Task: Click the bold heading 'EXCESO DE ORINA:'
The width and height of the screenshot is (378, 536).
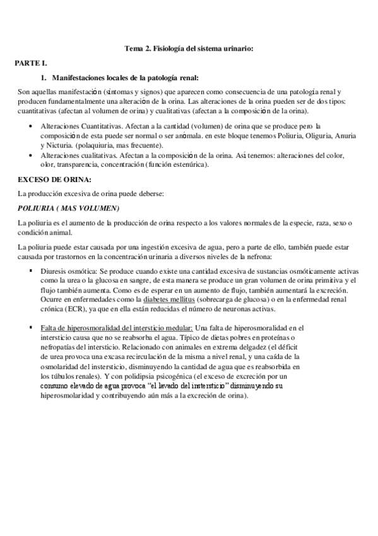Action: pos(54,180)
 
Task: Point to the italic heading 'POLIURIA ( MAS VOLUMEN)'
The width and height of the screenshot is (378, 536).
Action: pos(69,208)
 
